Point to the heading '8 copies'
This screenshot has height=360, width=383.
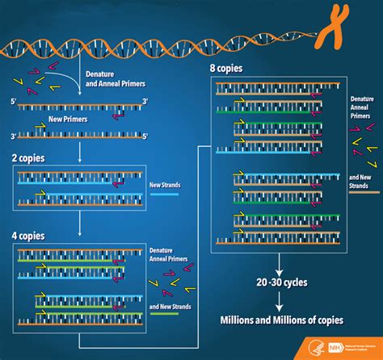click(226, 69)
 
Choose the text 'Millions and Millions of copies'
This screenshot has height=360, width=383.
click(281, 320)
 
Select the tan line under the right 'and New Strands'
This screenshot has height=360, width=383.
click(365, 192)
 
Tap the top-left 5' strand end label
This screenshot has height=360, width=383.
click(13, 100)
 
